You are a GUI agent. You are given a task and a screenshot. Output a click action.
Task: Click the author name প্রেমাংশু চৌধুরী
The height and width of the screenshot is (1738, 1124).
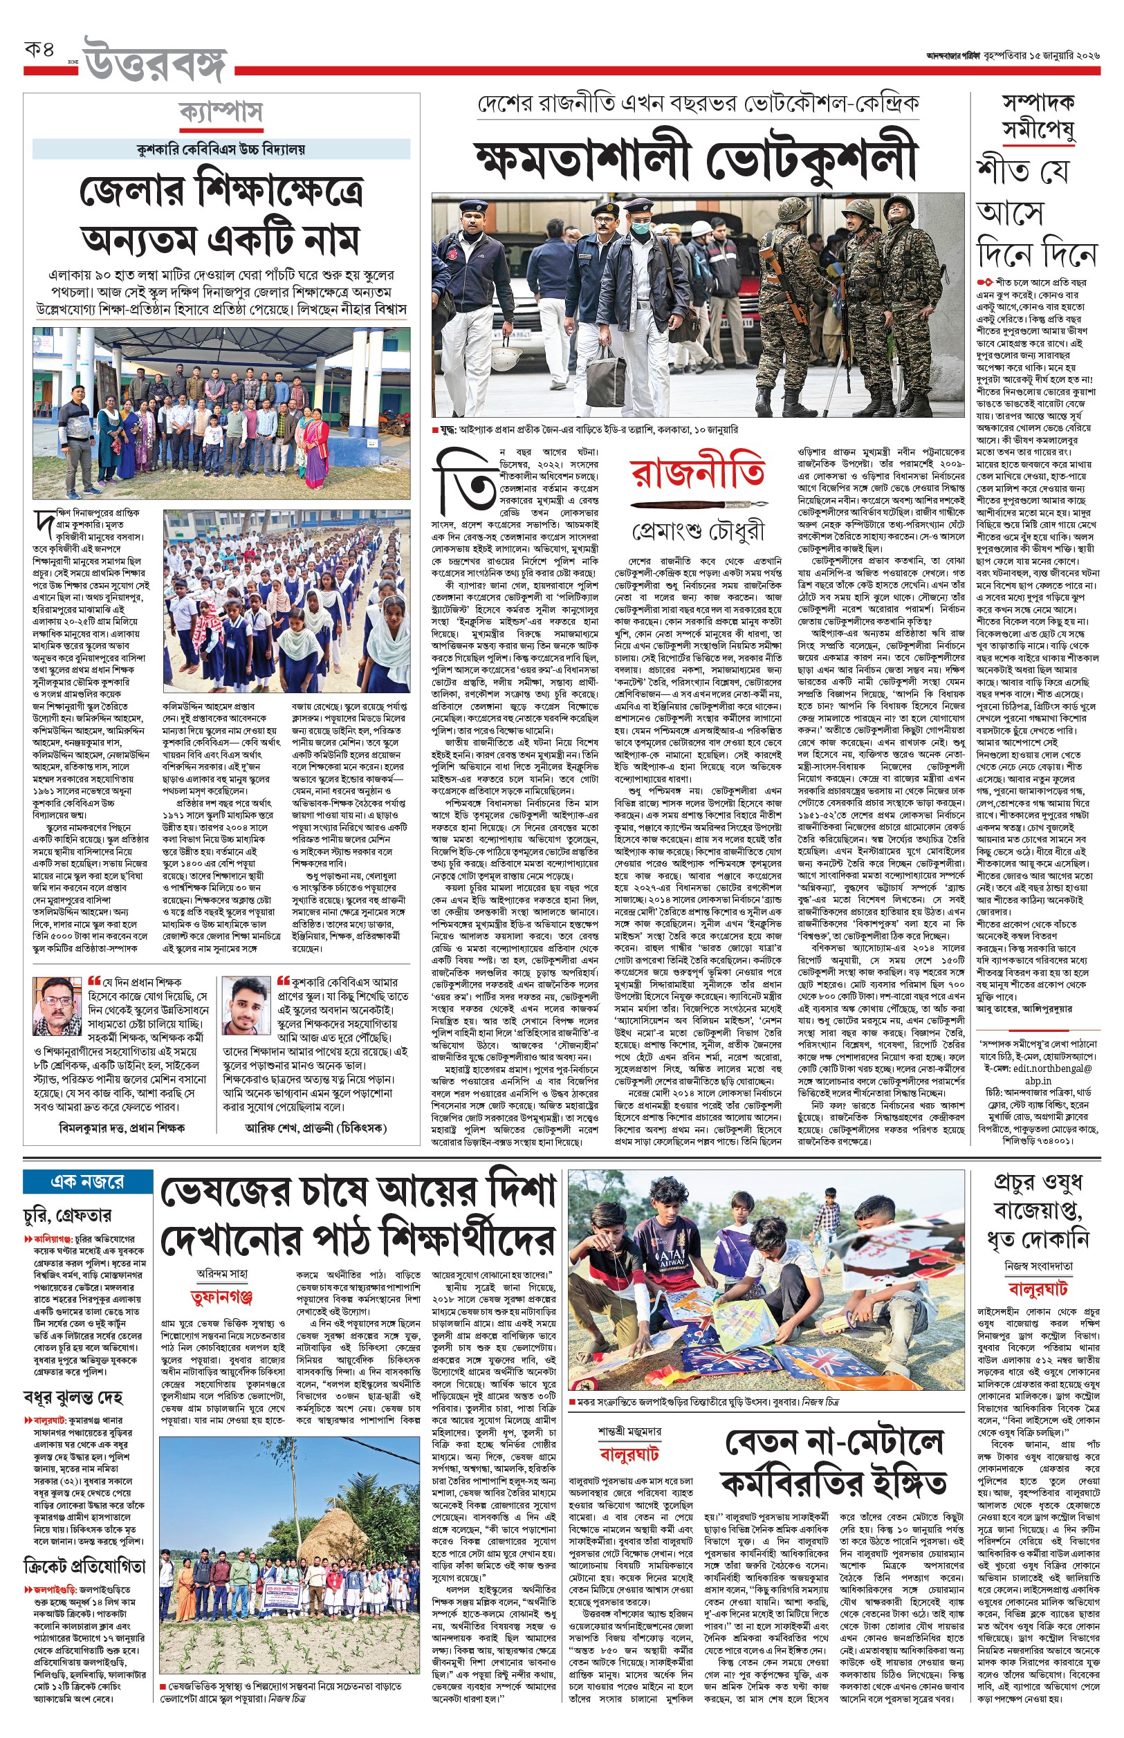coord(699,531)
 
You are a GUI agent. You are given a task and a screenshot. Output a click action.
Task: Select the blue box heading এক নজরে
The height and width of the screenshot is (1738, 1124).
coord(87,1181)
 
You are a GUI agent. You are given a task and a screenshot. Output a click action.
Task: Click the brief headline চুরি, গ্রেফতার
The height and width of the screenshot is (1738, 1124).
coord(67,1215)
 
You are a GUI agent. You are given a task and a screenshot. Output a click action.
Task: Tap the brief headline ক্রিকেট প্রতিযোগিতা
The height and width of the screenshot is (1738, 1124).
coord(84,1566)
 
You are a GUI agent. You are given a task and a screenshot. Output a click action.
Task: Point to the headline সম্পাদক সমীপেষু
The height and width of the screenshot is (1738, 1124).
coord(1037,117)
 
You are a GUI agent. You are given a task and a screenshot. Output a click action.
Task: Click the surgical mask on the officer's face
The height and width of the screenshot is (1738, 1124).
coord(641,228)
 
